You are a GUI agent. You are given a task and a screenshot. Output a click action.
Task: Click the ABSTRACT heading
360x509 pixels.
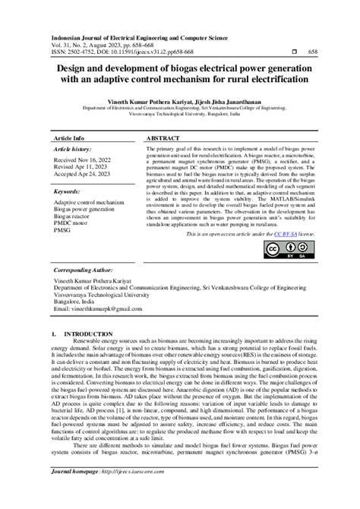[162, 140]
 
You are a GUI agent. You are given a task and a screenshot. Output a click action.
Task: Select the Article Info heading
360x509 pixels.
[68, 140]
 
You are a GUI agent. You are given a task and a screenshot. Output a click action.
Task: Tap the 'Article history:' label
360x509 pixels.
[74, 152]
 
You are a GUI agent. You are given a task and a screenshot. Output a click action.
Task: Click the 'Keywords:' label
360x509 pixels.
[68, 193]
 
